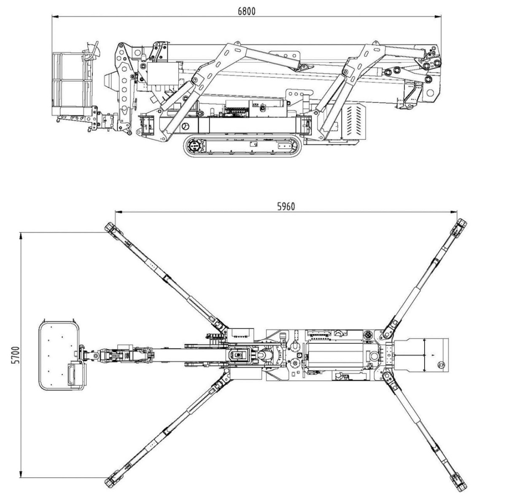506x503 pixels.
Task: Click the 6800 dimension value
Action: pos(246,11)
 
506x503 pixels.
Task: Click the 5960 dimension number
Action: pos(286,207)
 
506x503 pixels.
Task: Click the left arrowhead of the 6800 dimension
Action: pos(55,17)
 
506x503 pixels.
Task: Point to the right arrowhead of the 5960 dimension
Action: pos(454,212)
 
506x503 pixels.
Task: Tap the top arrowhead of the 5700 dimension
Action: pos(21,236)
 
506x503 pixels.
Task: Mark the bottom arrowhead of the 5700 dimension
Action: pos(21,474)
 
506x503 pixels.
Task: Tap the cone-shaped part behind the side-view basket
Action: pos(111,81)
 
